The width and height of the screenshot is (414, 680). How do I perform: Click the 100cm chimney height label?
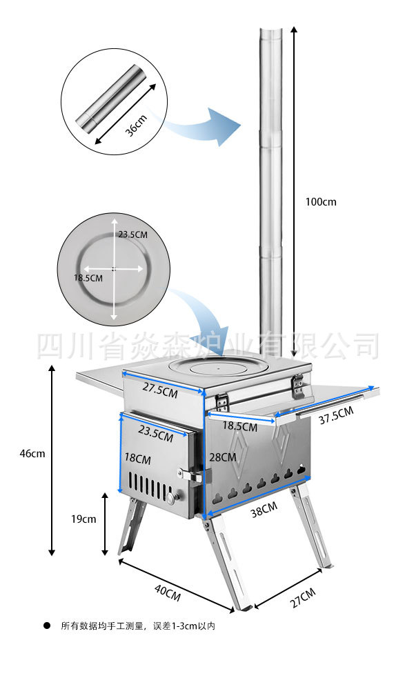coord(321,202)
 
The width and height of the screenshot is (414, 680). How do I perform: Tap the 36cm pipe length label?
coord(136,124)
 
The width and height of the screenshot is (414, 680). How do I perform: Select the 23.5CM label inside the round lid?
coord(132,234)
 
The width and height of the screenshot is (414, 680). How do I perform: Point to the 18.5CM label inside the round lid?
coord(88,278)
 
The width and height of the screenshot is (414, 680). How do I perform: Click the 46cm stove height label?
coord(32,453)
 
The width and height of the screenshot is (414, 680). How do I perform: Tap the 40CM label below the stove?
coord(168,591)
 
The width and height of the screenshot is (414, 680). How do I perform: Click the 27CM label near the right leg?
coord(302,597)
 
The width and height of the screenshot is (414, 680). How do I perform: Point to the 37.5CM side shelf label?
coord(336,417)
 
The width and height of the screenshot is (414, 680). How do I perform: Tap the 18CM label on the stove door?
coord(138,458)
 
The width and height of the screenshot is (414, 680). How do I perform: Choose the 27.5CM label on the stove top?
coord(160,388)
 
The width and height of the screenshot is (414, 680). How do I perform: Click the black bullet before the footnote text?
coord(47,626)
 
